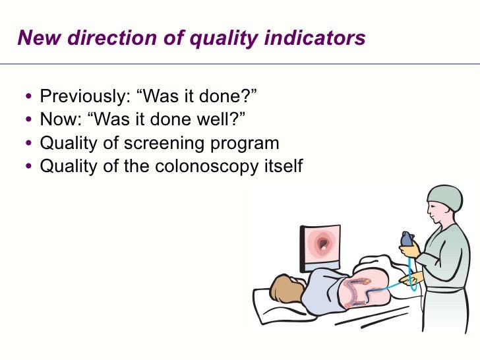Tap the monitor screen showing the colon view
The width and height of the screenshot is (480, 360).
(x=322, y=247)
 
